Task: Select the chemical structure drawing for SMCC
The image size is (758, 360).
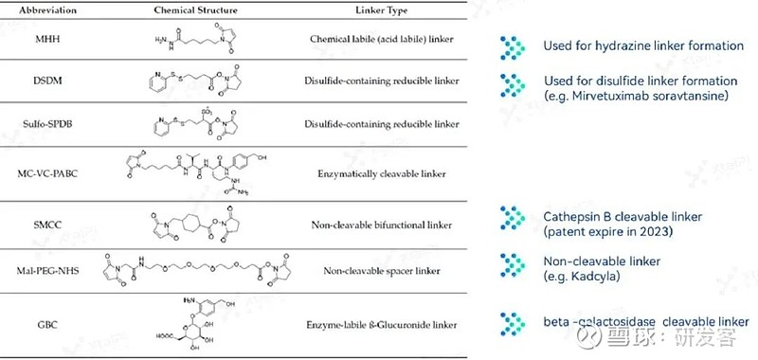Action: coord(194,225)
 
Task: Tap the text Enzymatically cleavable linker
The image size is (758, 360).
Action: coord(384,173)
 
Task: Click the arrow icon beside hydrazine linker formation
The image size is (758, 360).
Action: coord(513,45)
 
